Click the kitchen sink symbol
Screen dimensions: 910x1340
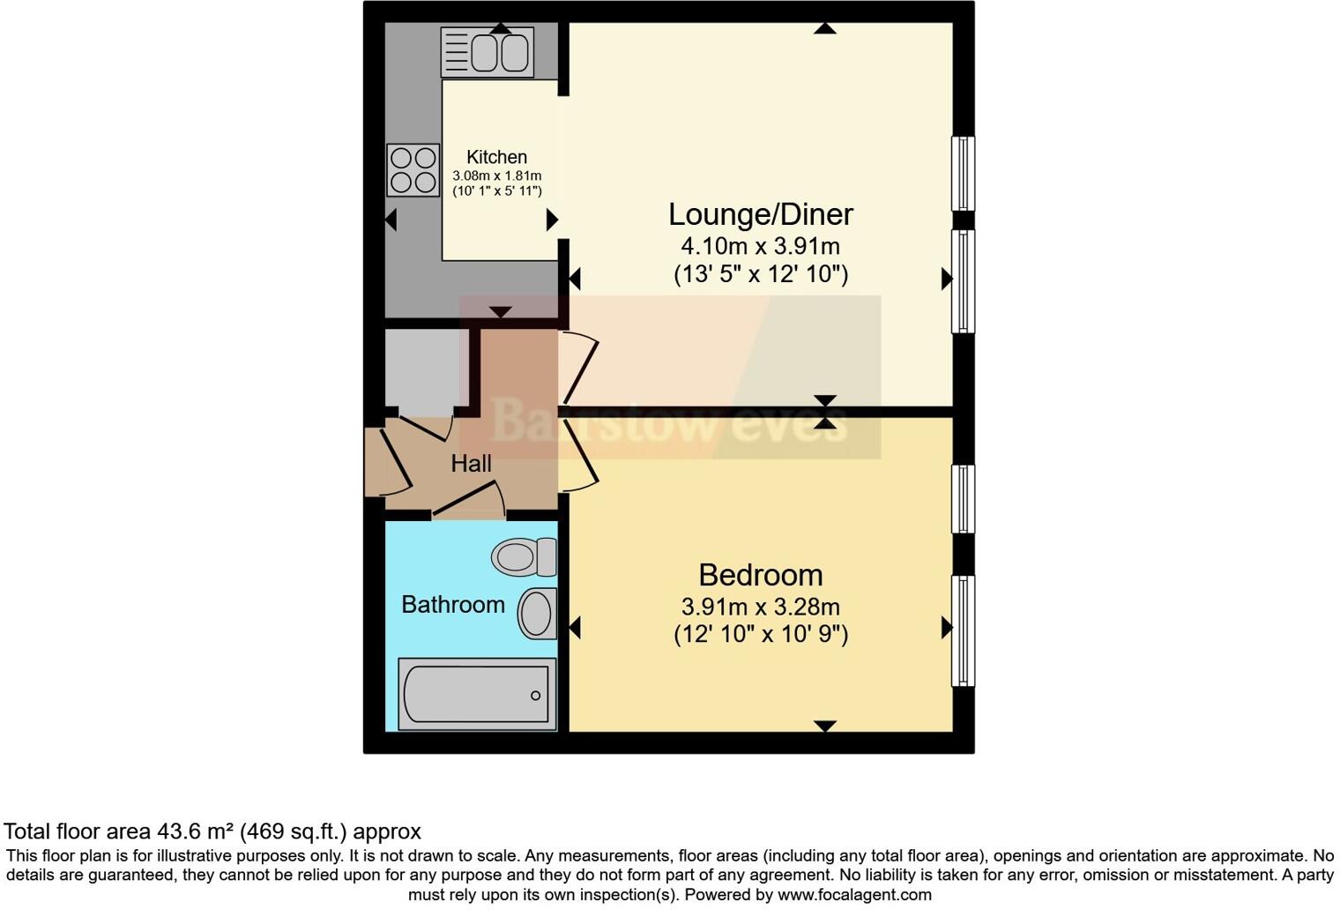487,52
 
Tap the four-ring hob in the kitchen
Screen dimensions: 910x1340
413,169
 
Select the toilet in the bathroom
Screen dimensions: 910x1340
524,556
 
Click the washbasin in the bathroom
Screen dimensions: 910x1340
537,613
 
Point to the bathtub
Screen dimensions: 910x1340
477,695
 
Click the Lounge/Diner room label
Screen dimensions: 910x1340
760,214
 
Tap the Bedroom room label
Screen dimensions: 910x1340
760,575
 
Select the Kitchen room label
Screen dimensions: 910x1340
496,157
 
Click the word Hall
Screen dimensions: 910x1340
471,464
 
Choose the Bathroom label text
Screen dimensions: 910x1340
453,604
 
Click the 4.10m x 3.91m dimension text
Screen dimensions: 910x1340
760,246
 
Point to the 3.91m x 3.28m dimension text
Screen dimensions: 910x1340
760,607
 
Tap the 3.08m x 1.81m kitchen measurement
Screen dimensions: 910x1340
496,176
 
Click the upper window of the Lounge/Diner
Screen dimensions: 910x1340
963,173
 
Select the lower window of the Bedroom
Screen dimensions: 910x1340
963,631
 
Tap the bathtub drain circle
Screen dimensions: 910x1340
535,696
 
